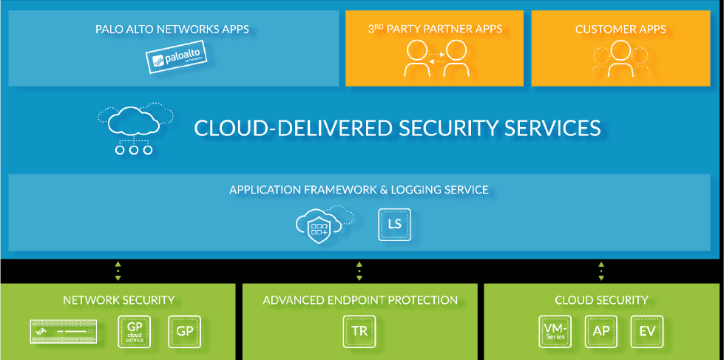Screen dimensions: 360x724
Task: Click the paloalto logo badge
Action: tap(175, 58)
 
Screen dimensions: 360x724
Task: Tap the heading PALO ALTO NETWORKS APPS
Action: tap(172, 30)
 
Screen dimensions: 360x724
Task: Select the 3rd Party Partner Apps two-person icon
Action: tap(435, 58)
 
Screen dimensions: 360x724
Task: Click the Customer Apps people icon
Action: tap(620, 58)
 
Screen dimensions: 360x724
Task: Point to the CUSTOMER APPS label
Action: tap(620, 30)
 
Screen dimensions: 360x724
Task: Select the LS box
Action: tap(394, 223)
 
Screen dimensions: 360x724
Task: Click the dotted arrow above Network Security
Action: tap(118, 271)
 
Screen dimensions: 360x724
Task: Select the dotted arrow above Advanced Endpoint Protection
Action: tap(359, 271)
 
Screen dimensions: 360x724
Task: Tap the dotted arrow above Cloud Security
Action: tap(601, 271)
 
